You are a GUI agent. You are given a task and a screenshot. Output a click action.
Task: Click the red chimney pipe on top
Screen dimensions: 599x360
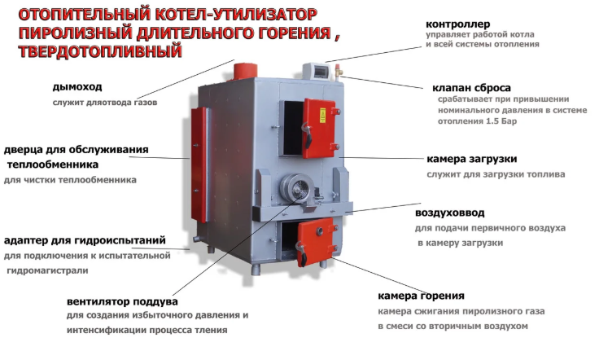click(x=245, y=71)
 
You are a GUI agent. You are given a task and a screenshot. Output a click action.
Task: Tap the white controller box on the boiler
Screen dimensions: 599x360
click(x=317, y=72)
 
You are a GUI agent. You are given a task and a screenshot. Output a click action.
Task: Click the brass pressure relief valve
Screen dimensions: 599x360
click(x=339, y=72)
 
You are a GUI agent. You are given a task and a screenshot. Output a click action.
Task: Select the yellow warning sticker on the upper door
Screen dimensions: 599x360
click(x=322, y=115)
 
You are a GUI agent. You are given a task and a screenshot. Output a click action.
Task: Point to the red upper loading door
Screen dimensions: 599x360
click(x=320, y=128)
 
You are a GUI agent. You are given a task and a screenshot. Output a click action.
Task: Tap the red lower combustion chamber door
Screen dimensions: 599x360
click(x=317, y=241)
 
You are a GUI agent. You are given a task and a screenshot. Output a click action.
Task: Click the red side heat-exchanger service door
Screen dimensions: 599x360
click(x=199, y=165)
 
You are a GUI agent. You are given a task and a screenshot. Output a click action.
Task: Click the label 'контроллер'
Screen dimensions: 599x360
click(x=457, y=24)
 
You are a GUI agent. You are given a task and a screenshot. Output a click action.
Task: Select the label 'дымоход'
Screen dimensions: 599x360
click(x=77, y=87)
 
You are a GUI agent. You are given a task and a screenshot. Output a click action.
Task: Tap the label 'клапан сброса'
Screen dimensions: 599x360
click(x=471, y=88)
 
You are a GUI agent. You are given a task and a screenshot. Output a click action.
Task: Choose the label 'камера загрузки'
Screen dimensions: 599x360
click(x=472, y=159)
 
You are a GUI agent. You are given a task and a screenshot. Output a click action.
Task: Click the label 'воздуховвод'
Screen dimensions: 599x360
click(x=449, y=213)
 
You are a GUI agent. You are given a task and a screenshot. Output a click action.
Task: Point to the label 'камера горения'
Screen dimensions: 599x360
click(x=421, y=296)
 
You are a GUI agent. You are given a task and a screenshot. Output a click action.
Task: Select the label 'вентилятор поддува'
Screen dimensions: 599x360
click(x=122, y=301)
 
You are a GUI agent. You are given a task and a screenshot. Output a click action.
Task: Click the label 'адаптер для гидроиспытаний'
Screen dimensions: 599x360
click(x=85, y=241)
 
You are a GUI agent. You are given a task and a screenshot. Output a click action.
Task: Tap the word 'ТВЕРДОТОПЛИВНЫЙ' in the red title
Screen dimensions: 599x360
click(x=100, y=51)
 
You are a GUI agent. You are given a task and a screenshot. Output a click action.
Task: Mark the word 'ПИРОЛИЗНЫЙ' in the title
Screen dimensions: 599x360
click(x=76, y=33)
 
